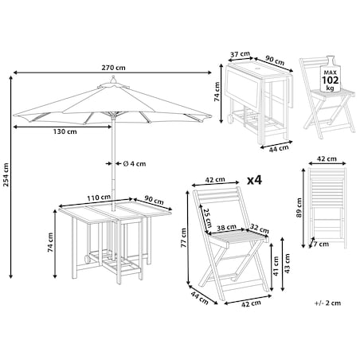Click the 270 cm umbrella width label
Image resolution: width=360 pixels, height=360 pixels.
[x=113, y=68]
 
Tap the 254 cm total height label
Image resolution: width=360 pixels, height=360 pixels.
[x=6, y=174]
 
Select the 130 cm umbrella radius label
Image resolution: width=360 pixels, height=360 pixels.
[x=65, y=131]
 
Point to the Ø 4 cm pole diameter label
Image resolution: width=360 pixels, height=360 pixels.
[x=135, y=164]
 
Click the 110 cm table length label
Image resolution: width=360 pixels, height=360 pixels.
[x=99, y=198]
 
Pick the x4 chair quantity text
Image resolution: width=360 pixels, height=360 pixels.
[x=254, y=180]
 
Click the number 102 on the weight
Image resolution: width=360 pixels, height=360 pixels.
[x=331, y=80]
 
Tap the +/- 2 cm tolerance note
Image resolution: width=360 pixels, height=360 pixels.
[x=327, y=303]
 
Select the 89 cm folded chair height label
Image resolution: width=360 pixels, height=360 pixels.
[x=299, y=208]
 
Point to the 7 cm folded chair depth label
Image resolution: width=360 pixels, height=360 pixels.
[x=321, y=244]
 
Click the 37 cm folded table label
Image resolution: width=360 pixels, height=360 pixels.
[x=240, y=54]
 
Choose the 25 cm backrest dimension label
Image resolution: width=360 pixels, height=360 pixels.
[x=207, y=217]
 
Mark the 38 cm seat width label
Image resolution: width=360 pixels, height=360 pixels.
[x=226, y=228]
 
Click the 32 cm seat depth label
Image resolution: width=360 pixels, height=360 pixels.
[x=260, y=229]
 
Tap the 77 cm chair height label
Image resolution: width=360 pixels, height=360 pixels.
[x=183, y=238]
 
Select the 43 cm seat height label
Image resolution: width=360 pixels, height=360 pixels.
[x=287, y=264]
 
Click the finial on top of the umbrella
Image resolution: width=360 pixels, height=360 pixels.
[x=113, y=80]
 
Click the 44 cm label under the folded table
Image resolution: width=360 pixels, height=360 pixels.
[x=279, y=149]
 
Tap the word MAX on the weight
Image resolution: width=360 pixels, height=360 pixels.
[x=331, y=72]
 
